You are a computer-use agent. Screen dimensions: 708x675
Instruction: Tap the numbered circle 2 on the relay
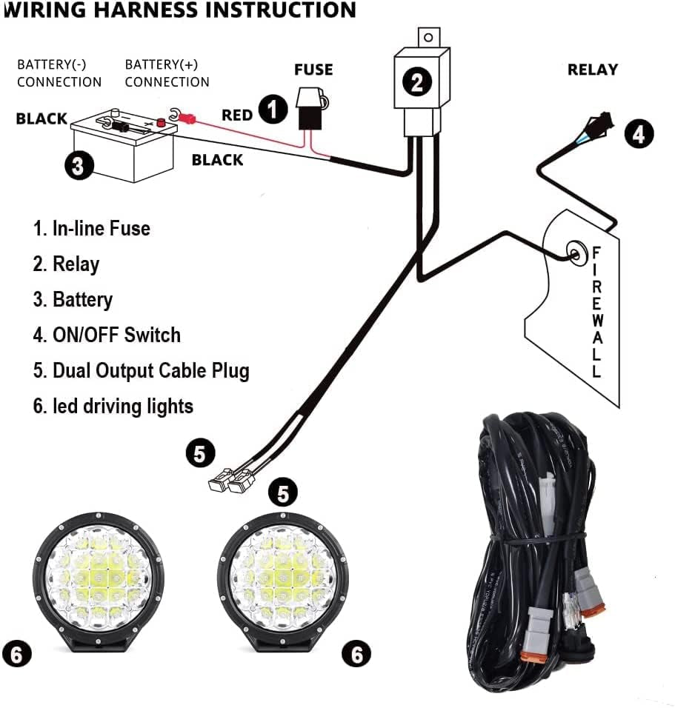(x=417, y=82)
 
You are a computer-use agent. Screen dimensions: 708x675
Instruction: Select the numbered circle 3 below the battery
(x=79, y=164)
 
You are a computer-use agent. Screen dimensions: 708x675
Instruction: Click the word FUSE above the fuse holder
(x=313, y=70)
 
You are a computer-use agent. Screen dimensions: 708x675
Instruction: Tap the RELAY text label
(x=592, y=70)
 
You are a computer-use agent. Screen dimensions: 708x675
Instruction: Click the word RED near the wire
(x=237, y=116)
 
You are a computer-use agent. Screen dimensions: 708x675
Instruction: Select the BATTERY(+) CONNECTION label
(x=167, y=73)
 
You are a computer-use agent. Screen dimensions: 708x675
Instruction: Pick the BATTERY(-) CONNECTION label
(x=59, y=73)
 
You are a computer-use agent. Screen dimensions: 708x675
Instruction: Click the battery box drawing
(x=122, y=152)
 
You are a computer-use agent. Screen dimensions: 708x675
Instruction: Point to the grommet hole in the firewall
(x=574, y=254)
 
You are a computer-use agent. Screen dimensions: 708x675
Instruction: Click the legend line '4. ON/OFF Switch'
(x=107, y=335)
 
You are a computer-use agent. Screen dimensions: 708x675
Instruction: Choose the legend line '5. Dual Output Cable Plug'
(x=141, y=370)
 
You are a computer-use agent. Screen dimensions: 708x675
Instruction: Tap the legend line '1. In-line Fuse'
(x=91, y=228)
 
